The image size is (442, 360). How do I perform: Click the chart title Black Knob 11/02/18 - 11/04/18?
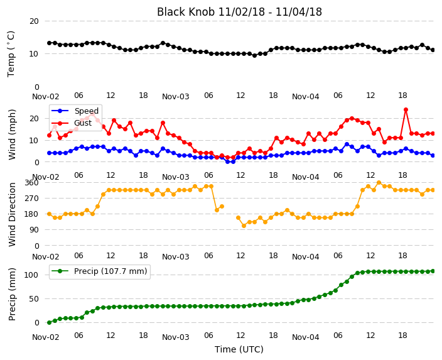(x=239, y=12)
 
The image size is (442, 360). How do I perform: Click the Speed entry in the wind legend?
(x=75, y=111)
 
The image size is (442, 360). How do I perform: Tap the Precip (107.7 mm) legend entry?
(x=99, y=271)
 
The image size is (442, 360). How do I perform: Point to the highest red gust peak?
(x=406, y=110)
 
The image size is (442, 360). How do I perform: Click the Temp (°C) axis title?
(x=11, y=54)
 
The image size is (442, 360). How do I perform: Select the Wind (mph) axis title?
(x=12, y=134)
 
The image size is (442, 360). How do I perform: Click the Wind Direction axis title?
(x=12, y=214)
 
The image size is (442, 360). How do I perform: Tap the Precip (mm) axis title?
(x=12, y=294)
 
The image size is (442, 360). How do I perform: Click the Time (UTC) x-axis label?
(x=239, y=349)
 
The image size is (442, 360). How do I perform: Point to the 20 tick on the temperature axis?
(x=34, y=21)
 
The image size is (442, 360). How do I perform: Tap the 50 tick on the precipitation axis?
(x=34, y=299)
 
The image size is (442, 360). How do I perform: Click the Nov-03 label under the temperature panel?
(x=176, y=97)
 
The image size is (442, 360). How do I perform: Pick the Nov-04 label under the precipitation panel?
(x=306, y=337)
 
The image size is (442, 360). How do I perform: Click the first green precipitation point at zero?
(x=50, y=322)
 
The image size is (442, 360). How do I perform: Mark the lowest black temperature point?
(x=254, y=55)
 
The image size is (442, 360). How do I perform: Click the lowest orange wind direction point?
(x=244, y=226)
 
